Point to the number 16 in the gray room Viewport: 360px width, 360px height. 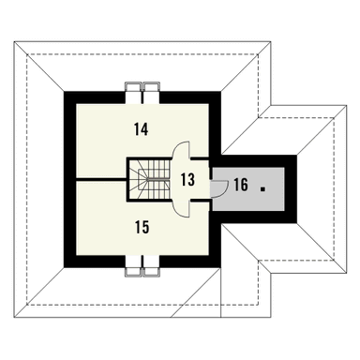[241, 186]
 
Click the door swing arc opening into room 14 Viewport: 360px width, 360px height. [181, 150]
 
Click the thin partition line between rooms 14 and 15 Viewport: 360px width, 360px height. [98, 177]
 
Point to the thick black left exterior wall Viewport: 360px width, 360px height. [67, 178]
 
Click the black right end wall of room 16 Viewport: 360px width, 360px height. [292, 186]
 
